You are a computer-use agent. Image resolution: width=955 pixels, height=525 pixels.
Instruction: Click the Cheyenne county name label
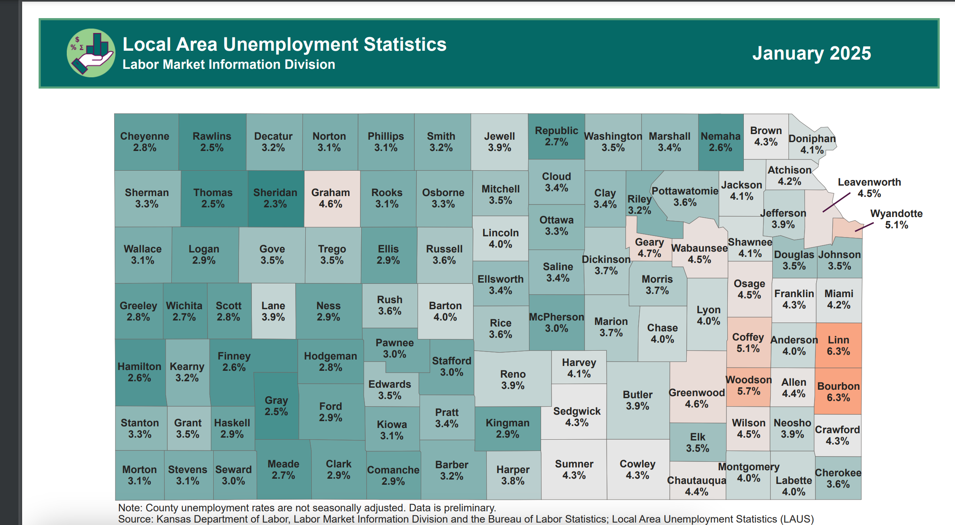[x=144, y=136]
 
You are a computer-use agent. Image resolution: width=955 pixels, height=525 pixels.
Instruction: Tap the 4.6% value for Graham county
[x=330, y=204]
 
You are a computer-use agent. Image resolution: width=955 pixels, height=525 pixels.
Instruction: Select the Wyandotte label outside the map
[x=896, y=213]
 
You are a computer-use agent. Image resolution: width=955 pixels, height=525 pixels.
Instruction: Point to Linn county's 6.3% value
[x=838, y=351]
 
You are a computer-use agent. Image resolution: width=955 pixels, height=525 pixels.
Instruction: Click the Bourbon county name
[x=838, y=386]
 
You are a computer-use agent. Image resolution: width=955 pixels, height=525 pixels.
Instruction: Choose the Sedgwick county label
[x=576, y=411]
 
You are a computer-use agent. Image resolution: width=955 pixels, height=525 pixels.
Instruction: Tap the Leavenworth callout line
[x=836, y=203]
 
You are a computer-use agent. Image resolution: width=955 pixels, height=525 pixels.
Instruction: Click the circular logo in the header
[x=91, y=53]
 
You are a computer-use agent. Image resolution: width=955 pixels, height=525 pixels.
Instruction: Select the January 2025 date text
[x=811, y=53]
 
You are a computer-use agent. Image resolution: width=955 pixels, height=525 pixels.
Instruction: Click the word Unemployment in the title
[x=290, y=44]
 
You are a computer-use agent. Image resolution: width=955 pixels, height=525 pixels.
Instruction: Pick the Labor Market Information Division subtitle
[x=228, y=64]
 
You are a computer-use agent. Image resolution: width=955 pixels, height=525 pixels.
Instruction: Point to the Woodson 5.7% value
[x=748, y=391]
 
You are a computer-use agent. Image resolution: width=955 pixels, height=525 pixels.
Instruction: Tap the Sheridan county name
[x=275, y=192]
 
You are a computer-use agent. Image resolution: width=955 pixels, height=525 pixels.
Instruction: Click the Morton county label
[x=139, y=469]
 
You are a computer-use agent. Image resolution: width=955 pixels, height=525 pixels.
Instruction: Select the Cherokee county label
[x=838, y=473]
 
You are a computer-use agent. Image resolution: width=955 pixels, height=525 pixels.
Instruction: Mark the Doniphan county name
[x=812, y=138]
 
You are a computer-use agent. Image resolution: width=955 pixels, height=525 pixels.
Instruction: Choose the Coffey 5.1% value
[x=748, y=349]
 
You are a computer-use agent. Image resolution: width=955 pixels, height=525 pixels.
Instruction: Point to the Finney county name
[x=234, y=356]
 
